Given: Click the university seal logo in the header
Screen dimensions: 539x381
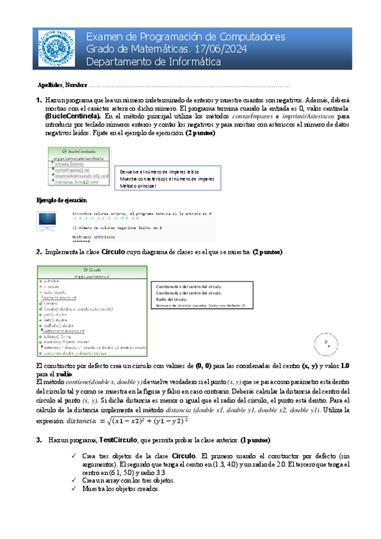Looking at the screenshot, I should (x=55, y=48).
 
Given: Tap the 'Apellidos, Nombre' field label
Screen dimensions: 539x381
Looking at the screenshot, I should (x=62, y=85).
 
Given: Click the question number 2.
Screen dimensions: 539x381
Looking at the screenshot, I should (x=39, y=252).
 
